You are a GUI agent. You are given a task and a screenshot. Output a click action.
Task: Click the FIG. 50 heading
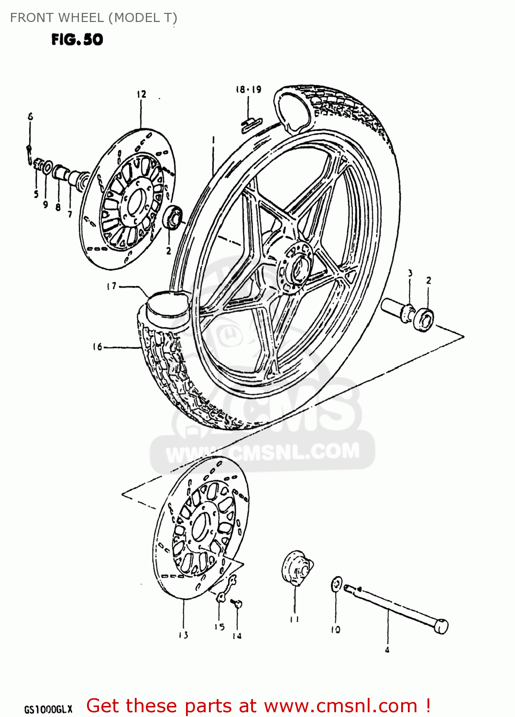[77, 39]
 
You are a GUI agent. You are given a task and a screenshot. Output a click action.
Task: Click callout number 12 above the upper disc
[141, 94]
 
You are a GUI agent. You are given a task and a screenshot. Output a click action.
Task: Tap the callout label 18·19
[248, 89]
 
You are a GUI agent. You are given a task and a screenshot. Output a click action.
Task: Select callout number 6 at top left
[30, 116]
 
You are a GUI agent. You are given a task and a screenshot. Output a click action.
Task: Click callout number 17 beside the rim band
[111, 286]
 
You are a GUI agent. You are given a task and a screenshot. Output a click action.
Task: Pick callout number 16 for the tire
[98, 347]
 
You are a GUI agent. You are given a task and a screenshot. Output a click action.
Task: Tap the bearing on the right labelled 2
[424, 319]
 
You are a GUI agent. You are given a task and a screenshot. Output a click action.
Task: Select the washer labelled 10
[337, 585]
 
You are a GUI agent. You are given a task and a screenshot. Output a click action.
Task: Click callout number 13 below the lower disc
[184, 635]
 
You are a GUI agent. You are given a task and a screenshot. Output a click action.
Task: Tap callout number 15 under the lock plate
[219, 627]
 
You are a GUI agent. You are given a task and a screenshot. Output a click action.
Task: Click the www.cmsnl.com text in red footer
[340, 706]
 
